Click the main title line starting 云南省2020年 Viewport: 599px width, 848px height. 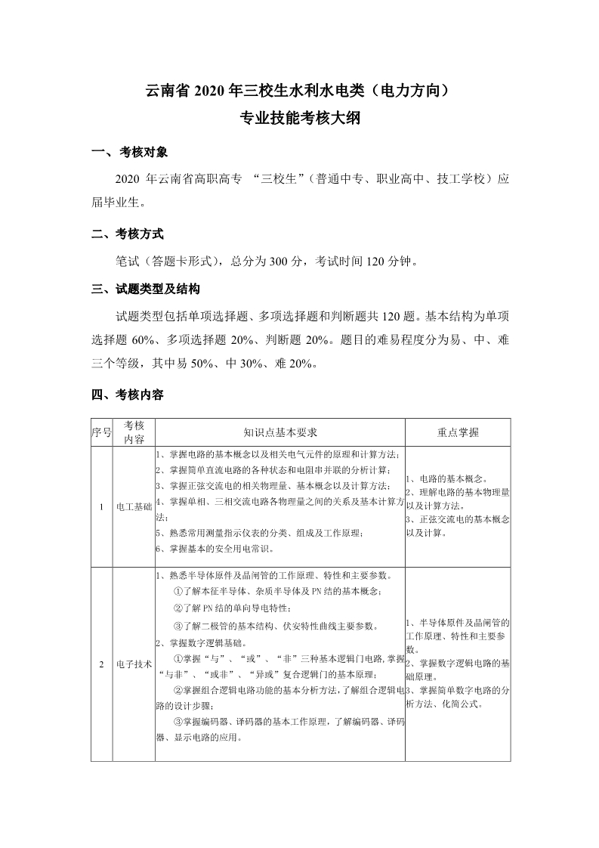point(299,92)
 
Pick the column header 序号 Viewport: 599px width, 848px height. point(101,432)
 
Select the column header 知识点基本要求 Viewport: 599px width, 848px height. point(279,432)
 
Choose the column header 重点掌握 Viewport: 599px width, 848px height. point(458,432)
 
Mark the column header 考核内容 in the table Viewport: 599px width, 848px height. point(134,432)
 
